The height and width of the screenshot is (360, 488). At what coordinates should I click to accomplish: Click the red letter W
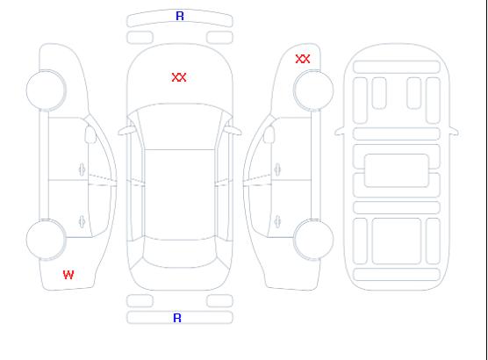[68, 275]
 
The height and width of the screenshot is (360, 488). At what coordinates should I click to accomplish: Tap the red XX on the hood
[179, 77]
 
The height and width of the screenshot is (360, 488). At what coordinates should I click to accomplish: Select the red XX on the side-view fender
[303, 59]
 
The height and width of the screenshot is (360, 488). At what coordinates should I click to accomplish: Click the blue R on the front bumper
[180, 16]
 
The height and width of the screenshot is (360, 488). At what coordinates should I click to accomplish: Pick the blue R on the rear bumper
[177, 318]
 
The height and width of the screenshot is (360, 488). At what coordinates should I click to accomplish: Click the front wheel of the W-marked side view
[46, 90]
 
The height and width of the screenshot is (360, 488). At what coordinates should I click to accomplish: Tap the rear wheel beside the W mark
[46, 240]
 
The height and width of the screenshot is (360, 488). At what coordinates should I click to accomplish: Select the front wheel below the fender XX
[313, 90]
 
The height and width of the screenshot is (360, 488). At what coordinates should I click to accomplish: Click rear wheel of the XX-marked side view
[313, 240]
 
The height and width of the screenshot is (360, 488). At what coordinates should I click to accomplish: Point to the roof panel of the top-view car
[180, 195]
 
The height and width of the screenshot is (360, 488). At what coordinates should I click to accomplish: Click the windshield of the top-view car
[180, 126]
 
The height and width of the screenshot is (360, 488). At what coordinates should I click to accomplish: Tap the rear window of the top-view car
[180, 253]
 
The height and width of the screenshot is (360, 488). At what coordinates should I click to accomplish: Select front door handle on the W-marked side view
[83, 169]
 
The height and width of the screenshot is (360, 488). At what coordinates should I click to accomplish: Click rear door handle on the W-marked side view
[83, 221]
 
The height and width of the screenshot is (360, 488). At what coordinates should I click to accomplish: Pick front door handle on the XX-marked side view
[277, 169]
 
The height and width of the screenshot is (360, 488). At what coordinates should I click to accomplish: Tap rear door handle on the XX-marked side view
[277, 221]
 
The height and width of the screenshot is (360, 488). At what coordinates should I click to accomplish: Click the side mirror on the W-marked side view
[90, 134]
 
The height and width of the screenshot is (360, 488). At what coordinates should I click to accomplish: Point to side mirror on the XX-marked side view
[269, 134]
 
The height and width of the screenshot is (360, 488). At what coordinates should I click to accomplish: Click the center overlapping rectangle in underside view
[397, 170]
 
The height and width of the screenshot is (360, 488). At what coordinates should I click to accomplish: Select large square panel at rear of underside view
[397, 241]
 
